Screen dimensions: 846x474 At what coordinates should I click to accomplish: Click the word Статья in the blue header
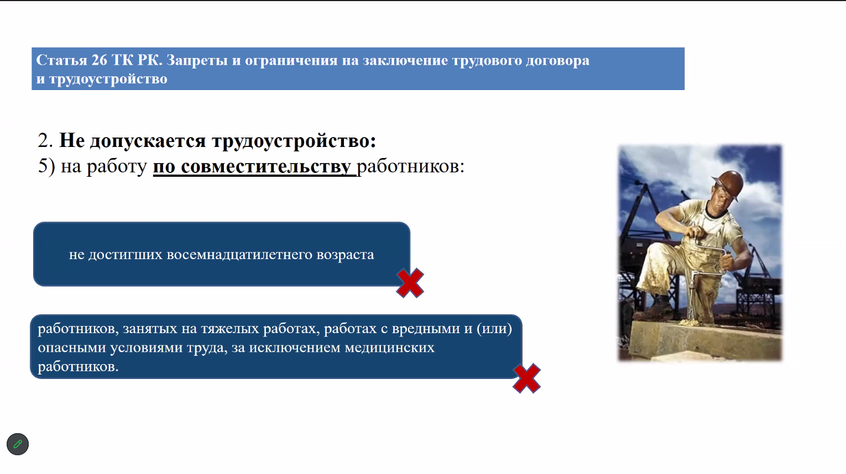click(x=61, y=60)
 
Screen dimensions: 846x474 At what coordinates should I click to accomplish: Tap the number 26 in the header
click(x=100, y=60)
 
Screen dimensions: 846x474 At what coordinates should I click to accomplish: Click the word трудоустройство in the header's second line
click(x=108, y=79)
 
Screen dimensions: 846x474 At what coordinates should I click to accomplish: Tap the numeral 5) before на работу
click(x=46, y=166)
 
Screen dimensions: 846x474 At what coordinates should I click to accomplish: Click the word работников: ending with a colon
click(x=410, y=166)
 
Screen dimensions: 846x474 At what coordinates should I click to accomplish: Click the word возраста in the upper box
click(x=345, y=255)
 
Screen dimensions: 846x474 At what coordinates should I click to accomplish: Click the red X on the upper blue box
click(x=410, y=283)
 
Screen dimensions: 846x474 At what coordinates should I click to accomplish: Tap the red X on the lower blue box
click(x=527, y=378)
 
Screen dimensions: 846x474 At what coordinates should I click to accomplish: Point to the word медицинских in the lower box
click(x=389, y=347)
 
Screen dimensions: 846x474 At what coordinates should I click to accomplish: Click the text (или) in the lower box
click(x=494, y=329)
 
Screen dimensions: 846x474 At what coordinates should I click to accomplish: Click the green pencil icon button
click(x=18, y=444)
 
